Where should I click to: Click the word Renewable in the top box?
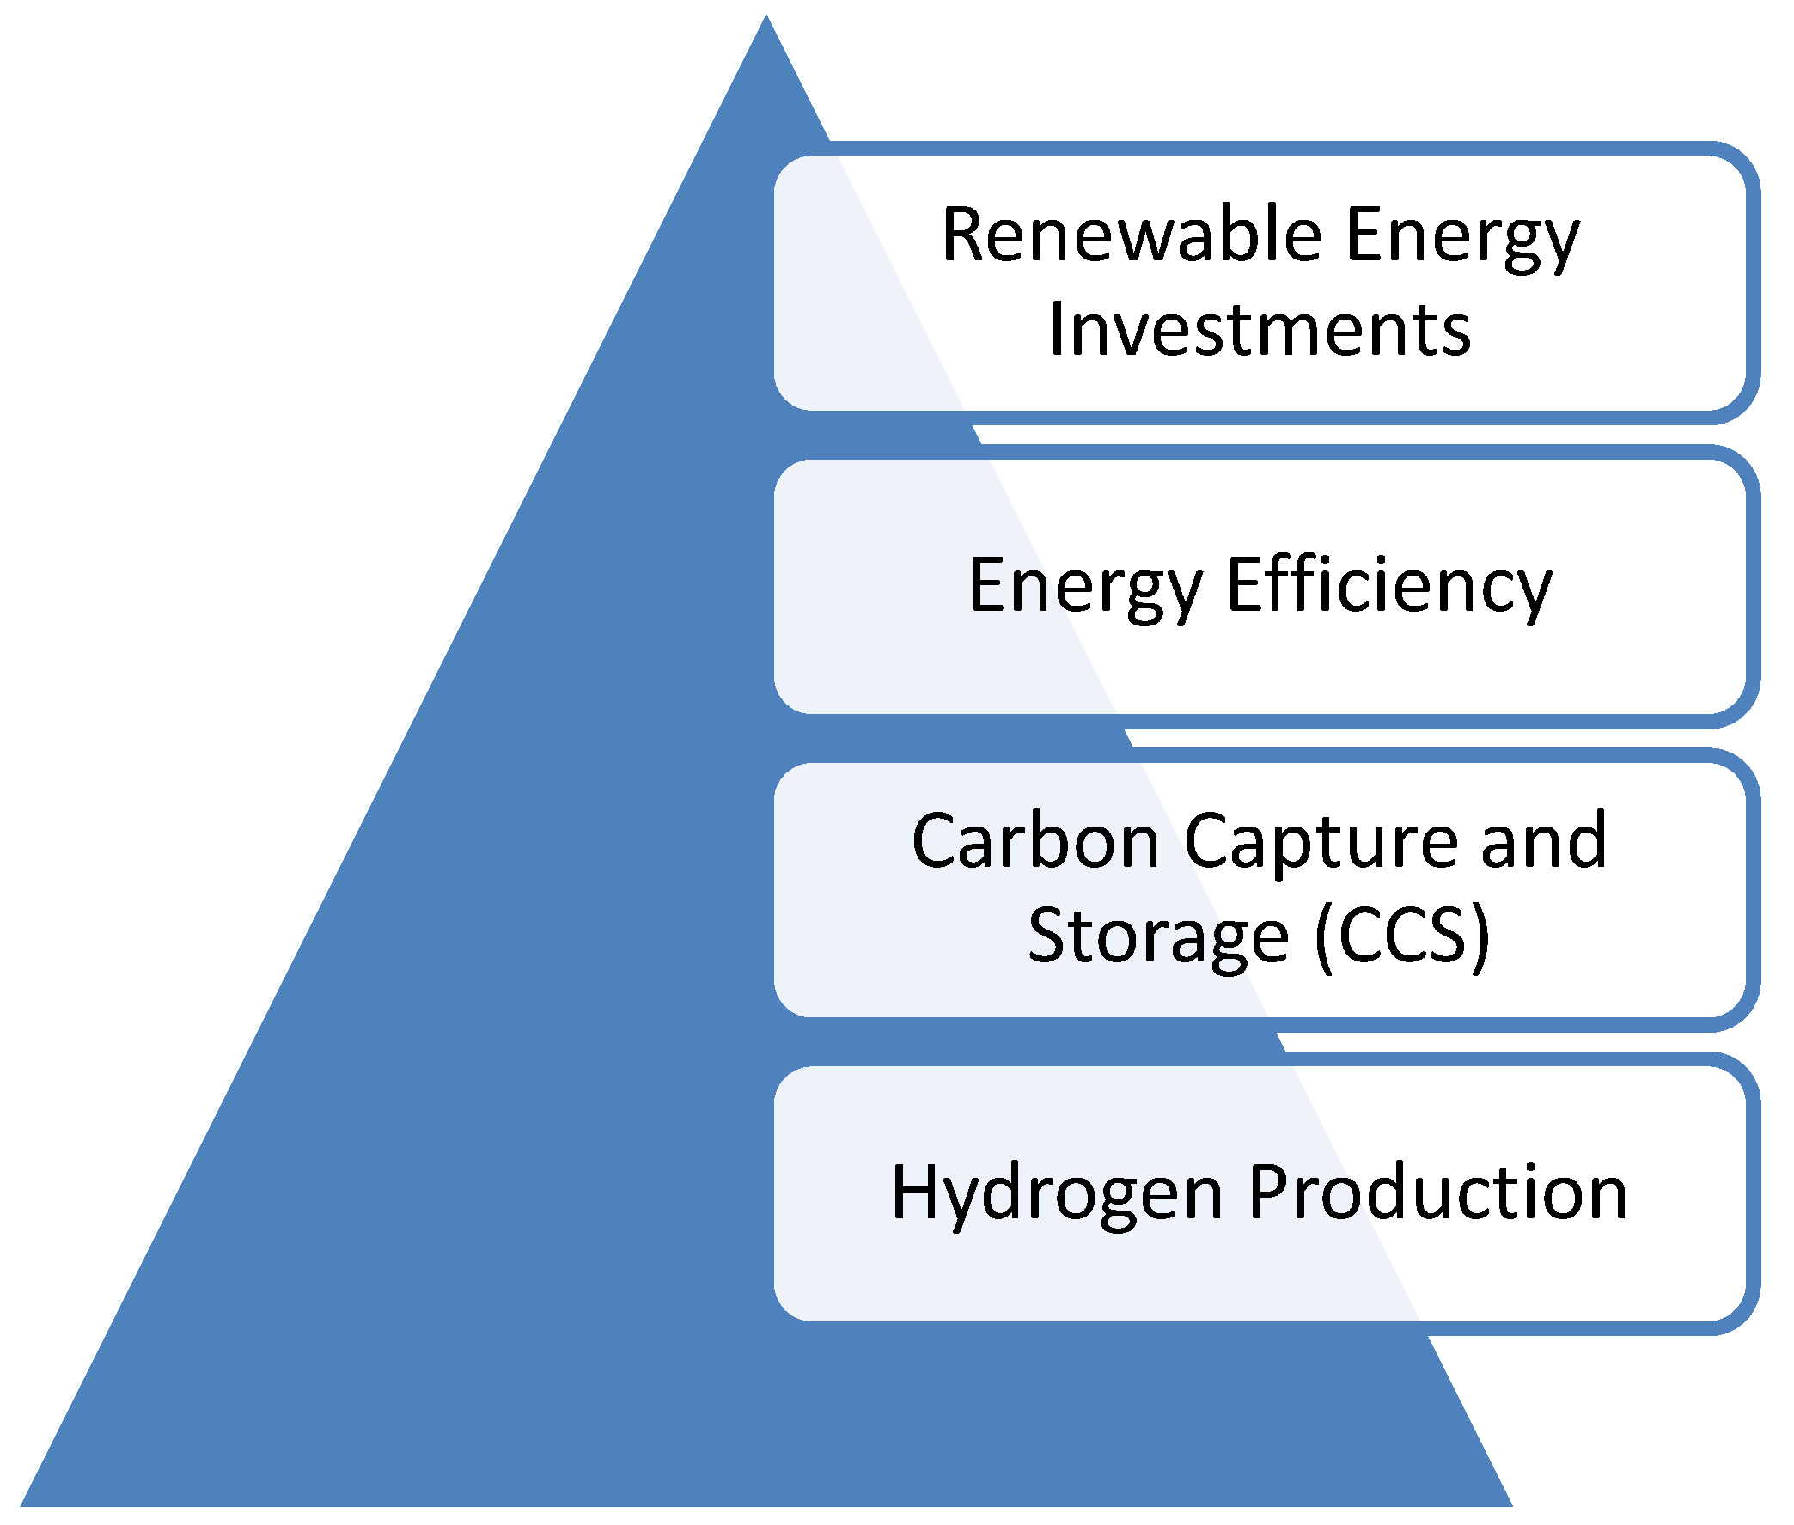[x=1131, y=235]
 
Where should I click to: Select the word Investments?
[x=1260, y=330]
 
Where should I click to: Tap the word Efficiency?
[x=1388, y=585]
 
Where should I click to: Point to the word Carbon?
[x=1034, y=840]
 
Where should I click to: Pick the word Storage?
[x=1156, y=936]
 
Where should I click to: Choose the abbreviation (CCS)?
[x=1402, y=936]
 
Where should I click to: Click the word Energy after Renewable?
[x=1462, y=237]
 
